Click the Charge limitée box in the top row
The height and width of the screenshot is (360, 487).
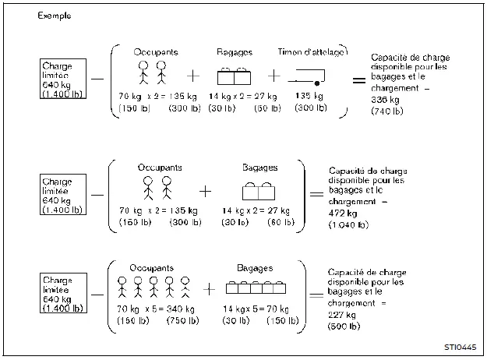pos(63,78)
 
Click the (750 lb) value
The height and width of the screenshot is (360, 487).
pos(182,321)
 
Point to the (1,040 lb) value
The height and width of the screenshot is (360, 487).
pos(344,224)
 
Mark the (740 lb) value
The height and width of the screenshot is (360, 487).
pos(387,111)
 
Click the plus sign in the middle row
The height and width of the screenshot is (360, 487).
pos(206,190)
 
